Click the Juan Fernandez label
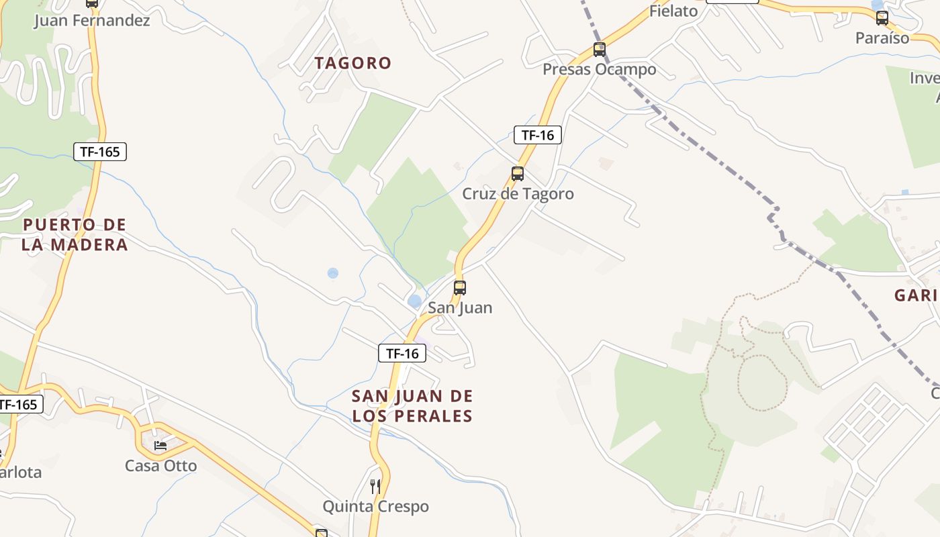[92, 20]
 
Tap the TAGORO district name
[353, 63]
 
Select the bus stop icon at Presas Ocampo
[600, 50]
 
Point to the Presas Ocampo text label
[600, 69]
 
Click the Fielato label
[673, 11]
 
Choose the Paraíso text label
[882, 38]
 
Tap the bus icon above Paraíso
[882, 19]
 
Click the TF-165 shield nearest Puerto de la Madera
[100, 152]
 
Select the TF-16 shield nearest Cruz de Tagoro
[537, 135]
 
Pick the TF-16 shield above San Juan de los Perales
[402, 353]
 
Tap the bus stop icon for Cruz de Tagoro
[518, 174]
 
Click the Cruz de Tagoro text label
[518, 194]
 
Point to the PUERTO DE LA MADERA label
[75, 234]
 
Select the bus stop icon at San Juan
[460, 288]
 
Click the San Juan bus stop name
[460, 308]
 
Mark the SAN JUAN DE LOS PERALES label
[412, 405]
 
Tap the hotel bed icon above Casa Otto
[160, 445]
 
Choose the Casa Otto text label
[161, 466]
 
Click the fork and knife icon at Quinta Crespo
[375, 486]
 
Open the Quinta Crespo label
[375, 506]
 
